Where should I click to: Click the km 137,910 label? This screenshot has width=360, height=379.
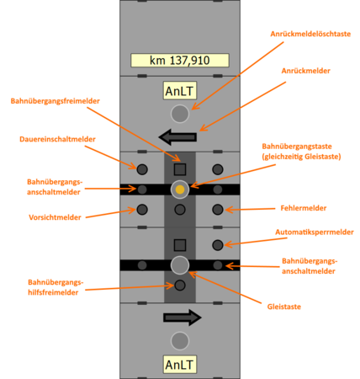[x=179, y=61]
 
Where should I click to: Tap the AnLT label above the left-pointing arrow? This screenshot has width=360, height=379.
[x=179, y=91]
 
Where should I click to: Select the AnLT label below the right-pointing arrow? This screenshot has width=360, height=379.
[x=179, y=364]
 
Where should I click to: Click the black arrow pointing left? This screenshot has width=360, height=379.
[x=177, y=136]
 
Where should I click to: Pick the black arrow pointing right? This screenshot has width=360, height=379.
[x=182, y=317]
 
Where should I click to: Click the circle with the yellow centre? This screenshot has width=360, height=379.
[x=179, y=189]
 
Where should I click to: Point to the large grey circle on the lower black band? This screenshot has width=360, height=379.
[x=179, y=265]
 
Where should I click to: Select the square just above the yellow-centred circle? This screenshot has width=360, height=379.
[x=179, y=169]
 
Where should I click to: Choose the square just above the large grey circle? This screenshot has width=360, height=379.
[x=179, y=244]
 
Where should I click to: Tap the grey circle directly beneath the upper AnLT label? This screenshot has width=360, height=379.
[x=179, y=114]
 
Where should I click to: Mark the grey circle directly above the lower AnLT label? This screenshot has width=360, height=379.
[x=179, y=340]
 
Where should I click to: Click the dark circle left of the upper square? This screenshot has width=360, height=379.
[x=142, y=169]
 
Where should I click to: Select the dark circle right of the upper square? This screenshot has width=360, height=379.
[x=217, y=169]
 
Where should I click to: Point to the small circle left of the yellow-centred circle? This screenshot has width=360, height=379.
[x=142, y=189]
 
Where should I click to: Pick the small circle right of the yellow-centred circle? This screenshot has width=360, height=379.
[x=217, y=189]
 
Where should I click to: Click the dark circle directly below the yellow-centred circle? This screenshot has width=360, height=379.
[x=179, y=209]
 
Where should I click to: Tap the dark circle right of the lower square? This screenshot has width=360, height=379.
[x=217, y=244]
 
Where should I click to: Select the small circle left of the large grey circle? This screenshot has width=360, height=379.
[x=142, y=265]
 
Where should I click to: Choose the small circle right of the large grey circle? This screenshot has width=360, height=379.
[x=217, y=265]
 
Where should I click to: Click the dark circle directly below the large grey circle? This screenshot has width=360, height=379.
[x=179, y=286]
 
